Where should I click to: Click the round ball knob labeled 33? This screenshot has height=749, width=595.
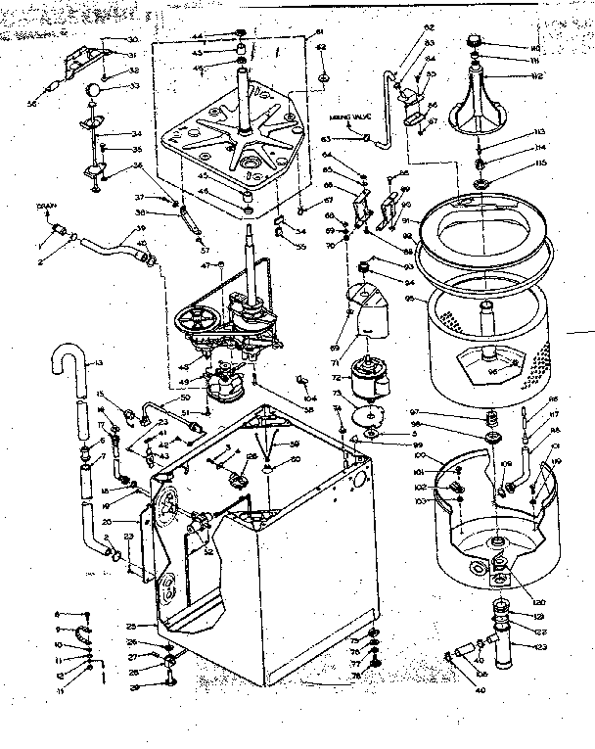tap(93, 91)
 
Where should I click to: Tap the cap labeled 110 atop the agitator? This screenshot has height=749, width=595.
tap(478, 40)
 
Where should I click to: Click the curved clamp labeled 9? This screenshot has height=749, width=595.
tap(83, 629)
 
